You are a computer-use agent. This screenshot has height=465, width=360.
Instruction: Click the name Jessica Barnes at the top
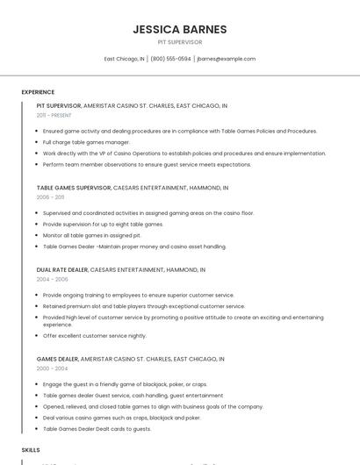tap(180, 29)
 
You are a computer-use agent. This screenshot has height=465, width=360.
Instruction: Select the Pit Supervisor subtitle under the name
tap(180, 42)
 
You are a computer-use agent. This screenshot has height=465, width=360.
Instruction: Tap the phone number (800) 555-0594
tap(170, 59)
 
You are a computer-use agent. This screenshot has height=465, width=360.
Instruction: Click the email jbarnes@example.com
tap(227, 59)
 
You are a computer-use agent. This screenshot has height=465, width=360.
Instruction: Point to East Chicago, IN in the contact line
tap(124, 59)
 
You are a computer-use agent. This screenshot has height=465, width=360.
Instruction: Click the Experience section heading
tap(38, 92)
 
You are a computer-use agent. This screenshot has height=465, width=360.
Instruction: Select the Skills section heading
tap(31, 450)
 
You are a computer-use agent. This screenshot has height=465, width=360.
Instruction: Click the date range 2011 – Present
tap(54, 115)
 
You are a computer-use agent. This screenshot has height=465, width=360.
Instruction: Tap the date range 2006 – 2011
tap(50, 197)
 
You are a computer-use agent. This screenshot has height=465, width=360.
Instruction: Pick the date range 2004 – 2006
tap(52, 280)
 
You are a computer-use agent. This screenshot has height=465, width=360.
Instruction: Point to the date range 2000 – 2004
tap(52, 369)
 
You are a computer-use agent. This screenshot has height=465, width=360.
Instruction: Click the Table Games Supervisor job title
tap(74, 188)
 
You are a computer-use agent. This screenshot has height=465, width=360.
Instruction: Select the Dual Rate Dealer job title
tap(62, 270)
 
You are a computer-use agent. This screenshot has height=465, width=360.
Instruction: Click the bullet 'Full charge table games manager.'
tap(86, 142)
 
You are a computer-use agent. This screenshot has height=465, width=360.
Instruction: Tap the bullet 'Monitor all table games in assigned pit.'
tap(91, 235)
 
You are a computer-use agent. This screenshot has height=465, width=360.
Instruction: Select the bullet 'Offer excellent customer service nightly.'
tap(94, 335)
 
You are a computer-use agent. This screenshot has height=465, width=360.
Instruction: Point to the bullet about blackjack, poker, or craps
tap(125, 384)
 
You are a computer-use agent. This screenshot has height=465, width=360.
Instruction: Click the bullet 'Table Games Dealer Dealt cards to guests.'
tap(97, 429)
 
